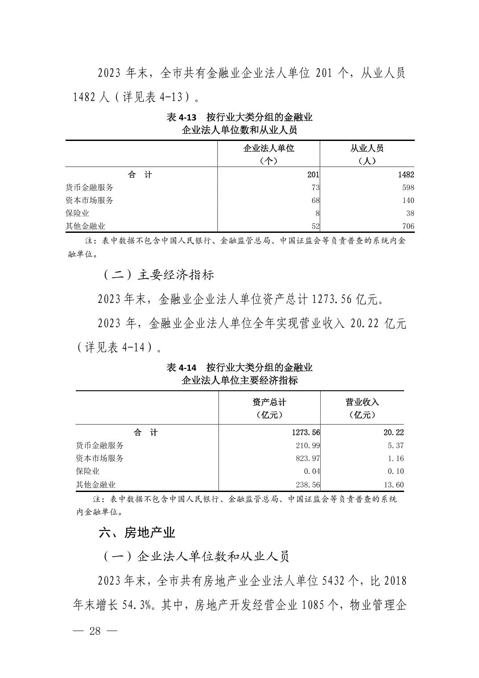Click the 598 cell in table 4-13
pyautogui.click(x=408, y=187)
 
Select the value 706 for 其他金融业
pyautogui.click(x=408, y=226)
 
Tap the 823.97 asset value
pyautogui.click(x=308, y=458)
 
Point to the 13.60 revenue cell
pyautogui.click(x=394, y=484)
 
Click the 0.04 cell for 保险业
pyautogui.click(x=310, y=471)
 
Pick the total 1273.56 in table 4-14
pyautogui.click(x=306, y=432)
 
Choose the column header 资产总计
pyautogui.click(x=269, y=402)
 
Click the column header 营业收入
pyautogui.click(x=362, y=402)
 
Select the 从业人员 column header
pyautogui.click(x=367, y=148)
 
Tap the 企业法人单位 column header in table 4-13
pyautogui.click(x=268, y=148)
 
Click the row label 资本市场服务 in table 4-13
pyautogui.click(x=89, y=200)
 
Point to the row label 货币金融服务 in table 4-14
pyautogui.click(x=100, y=445)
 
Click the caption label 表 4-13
pyautogui.click(x=181, y=117)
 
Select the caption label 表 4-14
pyautogui.click(x=181, y=368)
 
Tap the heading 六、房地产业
pyautogui.click(x=137, y=532)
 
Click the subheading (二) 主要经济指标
pyautogui.click(x=159, y=274)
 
